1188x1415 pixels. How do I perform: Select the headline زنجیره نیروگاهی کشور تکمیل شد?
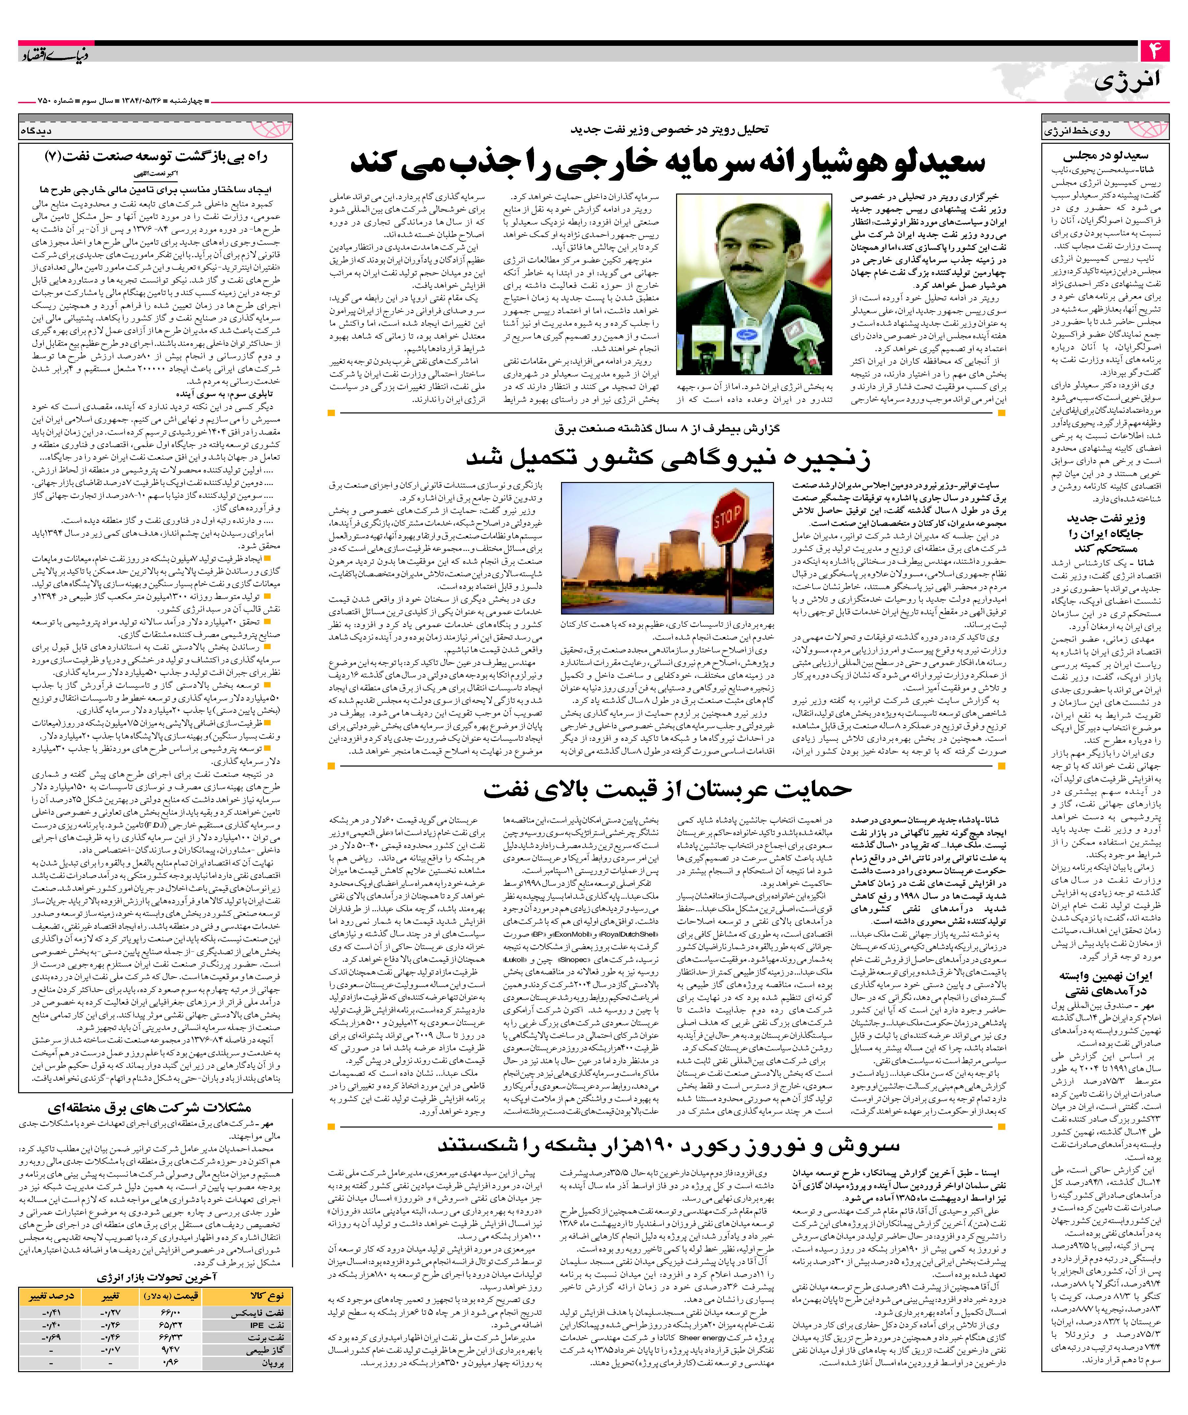tap(667, 458)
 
